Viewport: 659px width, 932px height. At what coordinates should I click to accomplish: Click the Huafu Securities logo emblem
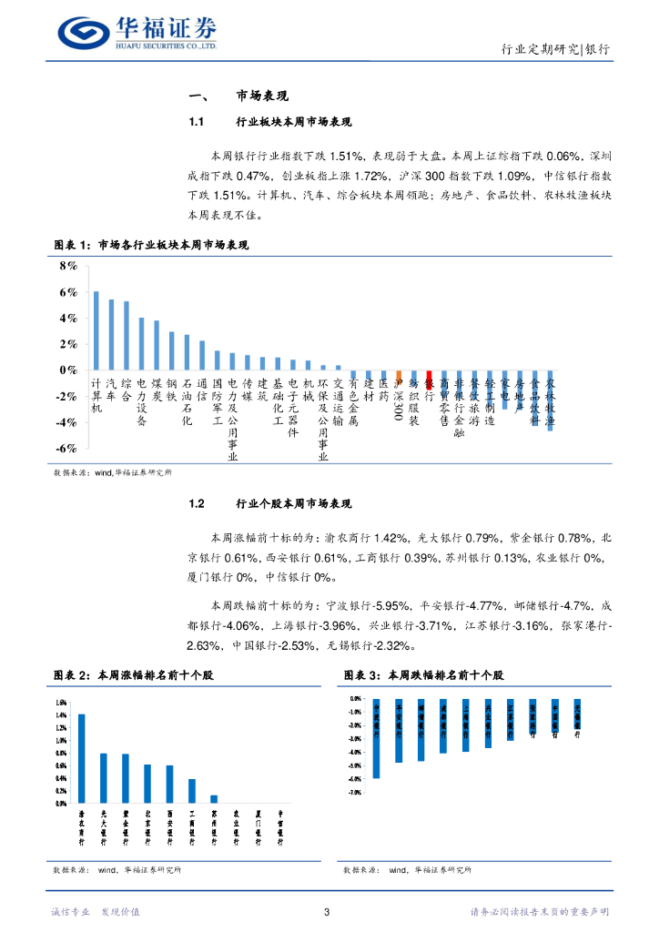(x=84, y=33)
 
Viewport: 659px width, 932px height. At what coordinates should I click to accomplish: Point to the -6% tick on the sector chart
(x=67, y=449)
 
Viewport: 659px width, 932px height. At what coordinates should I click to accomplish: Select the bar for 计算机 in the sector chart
(x=96, y=330)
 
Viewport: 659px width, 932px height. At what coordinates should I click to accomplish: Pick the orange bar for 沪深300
(x=399, y=374)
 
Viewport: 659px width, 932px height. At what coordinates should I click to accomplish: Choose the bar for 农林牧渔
(x=550, y=400)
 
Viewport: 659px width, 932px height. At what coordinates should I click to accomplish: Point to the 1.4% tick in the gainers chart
(x=61, y=715)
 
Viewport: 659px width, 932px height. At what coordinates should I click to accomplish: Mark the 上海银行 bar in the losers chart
(x=465, y=725)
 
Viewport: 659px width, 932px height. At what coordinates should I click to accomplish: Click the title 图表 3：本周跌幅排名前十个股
(x=423, y=675)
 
